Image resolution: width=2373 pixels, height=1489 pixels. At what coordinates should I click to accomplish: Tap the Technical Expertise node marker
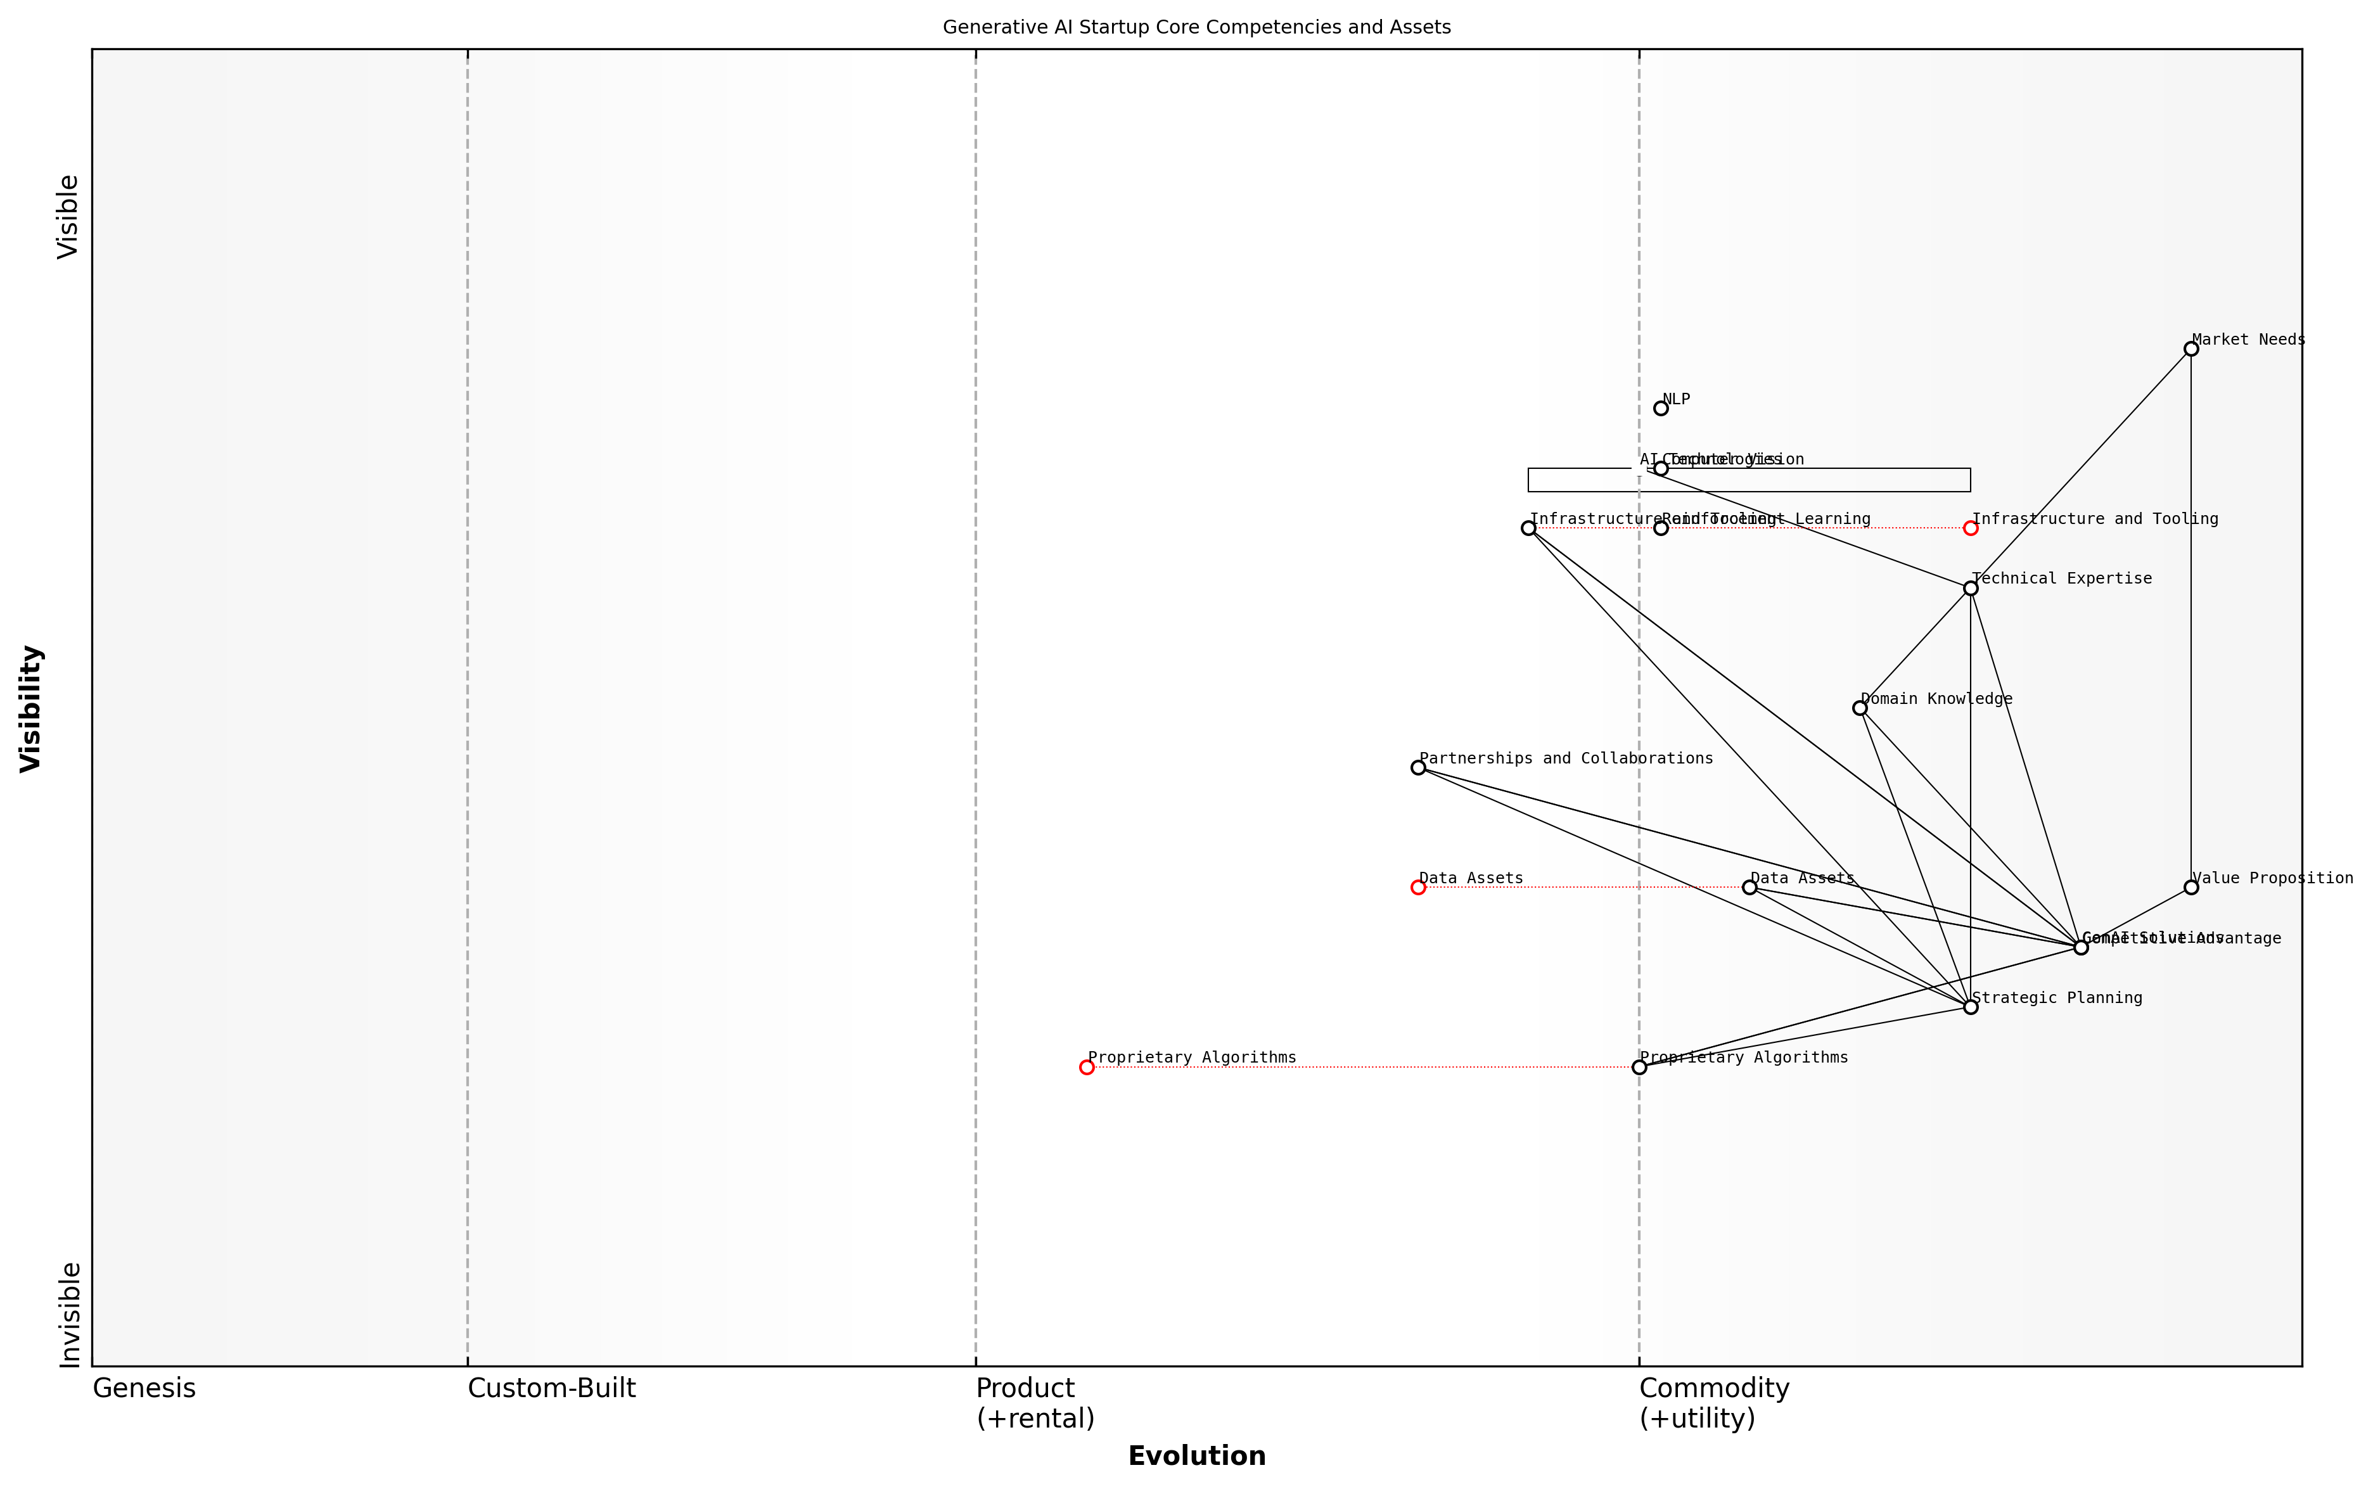(x=1970, y=588)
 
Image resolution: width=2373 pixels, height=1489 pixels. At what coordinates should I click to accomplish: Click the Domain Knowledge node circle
(x=1860, y=708)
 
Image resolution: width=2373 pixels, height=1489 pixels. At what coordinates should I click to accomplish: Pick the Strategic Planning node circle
(x=1970, y=1006)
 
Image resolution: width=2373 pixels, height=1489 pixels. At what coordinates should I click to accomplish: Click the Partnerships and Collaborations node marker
(x=1418, y=767)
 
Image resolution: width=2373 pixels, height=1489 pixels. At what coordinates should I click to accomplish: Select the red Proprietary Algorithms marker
(x=1086, y=1066)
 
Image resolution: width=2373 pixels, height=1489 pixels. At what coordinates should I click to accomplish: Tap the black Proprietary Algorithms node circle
(x=1639, y=1066)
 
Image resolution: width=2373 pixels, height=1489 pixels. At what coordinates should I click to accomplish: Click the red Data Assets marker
(x=1418, y=887)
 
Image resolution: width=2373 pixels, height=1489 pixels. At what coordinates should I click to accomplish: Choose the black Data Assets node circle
(x=1749, y=887)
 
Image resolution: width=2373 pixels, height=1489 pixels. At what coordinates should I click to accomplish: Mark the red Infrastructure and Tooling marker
(x=1970, y=528)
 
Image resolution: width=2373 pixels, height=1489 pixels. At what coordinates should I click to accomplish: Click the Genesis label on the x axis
(x=144, y=1388)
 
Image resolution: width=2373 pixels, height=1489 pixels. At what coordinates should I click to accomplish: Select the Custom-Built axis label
(x=551, y=1388)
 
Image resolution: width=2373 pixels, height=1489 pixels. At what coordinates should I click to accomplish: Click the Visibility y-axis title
(x=32, y=708)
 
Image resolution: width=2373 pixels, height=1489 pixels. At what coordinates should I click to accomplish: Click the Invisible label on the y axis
(x=69, y=1315)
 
